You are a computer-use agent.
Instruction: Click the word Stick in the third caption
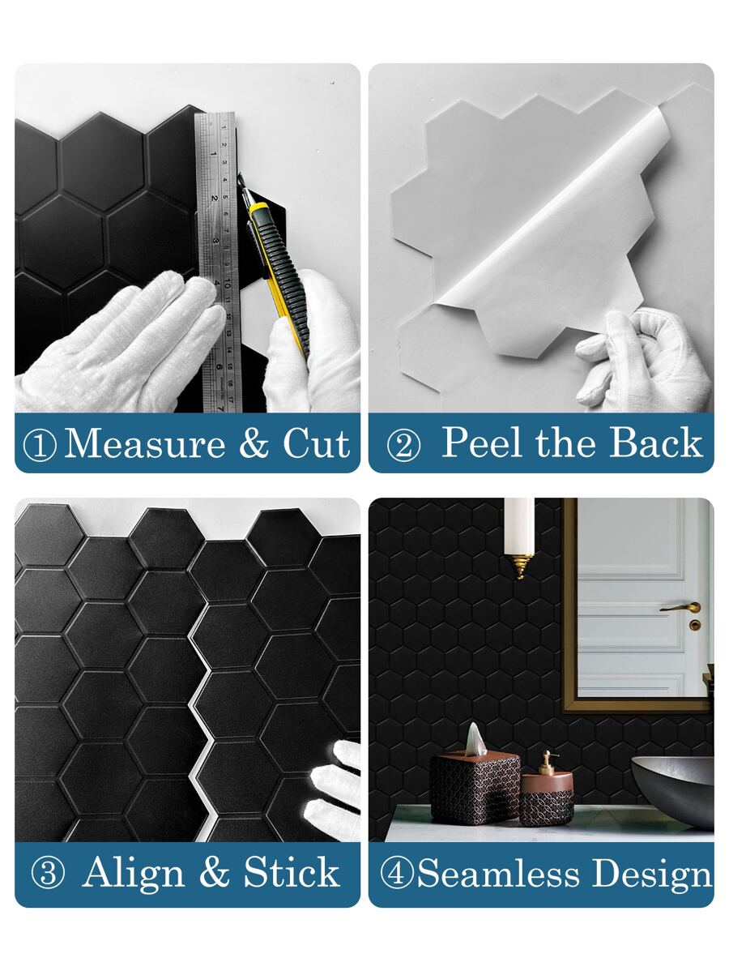coord(292,873)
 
